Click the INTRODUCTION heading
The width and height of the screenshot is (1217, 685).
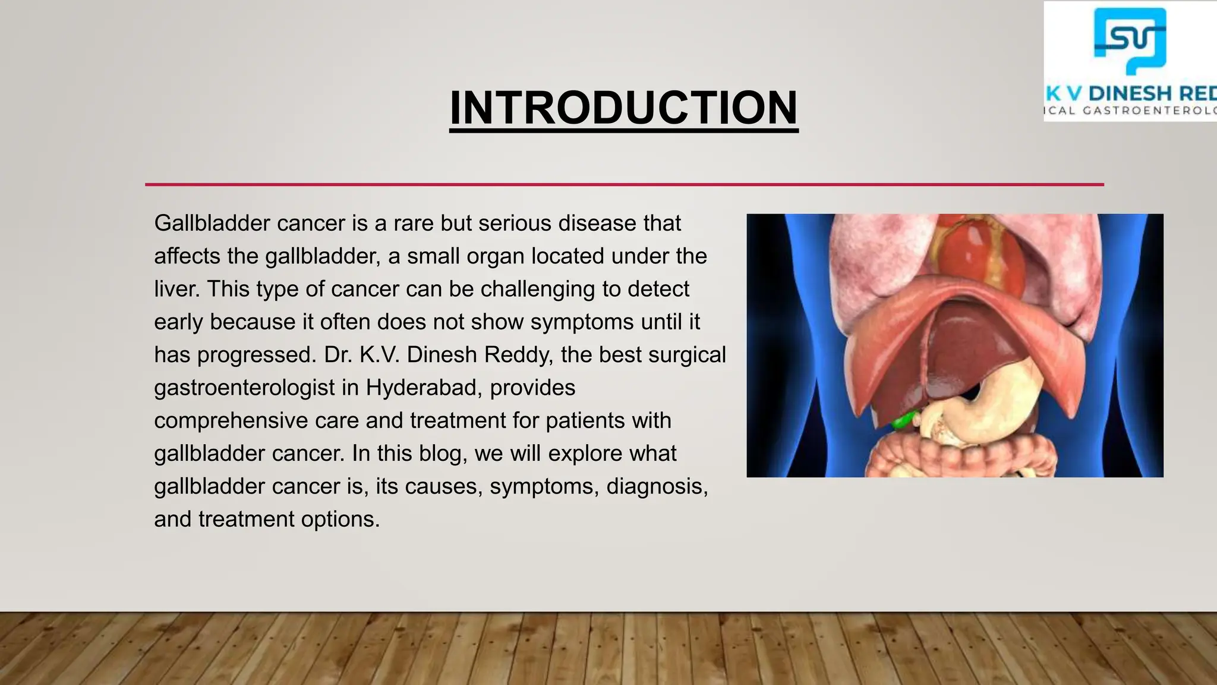click(x=623, y=108)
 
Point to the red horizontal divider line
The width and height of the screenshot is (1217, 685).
click(x=624, y=184)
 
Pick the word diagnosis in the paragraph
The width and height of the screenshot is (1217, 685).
click(x=657, y=486)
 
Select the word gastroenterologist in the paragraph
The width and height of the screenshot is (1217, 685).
click(x=244, y=388)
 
